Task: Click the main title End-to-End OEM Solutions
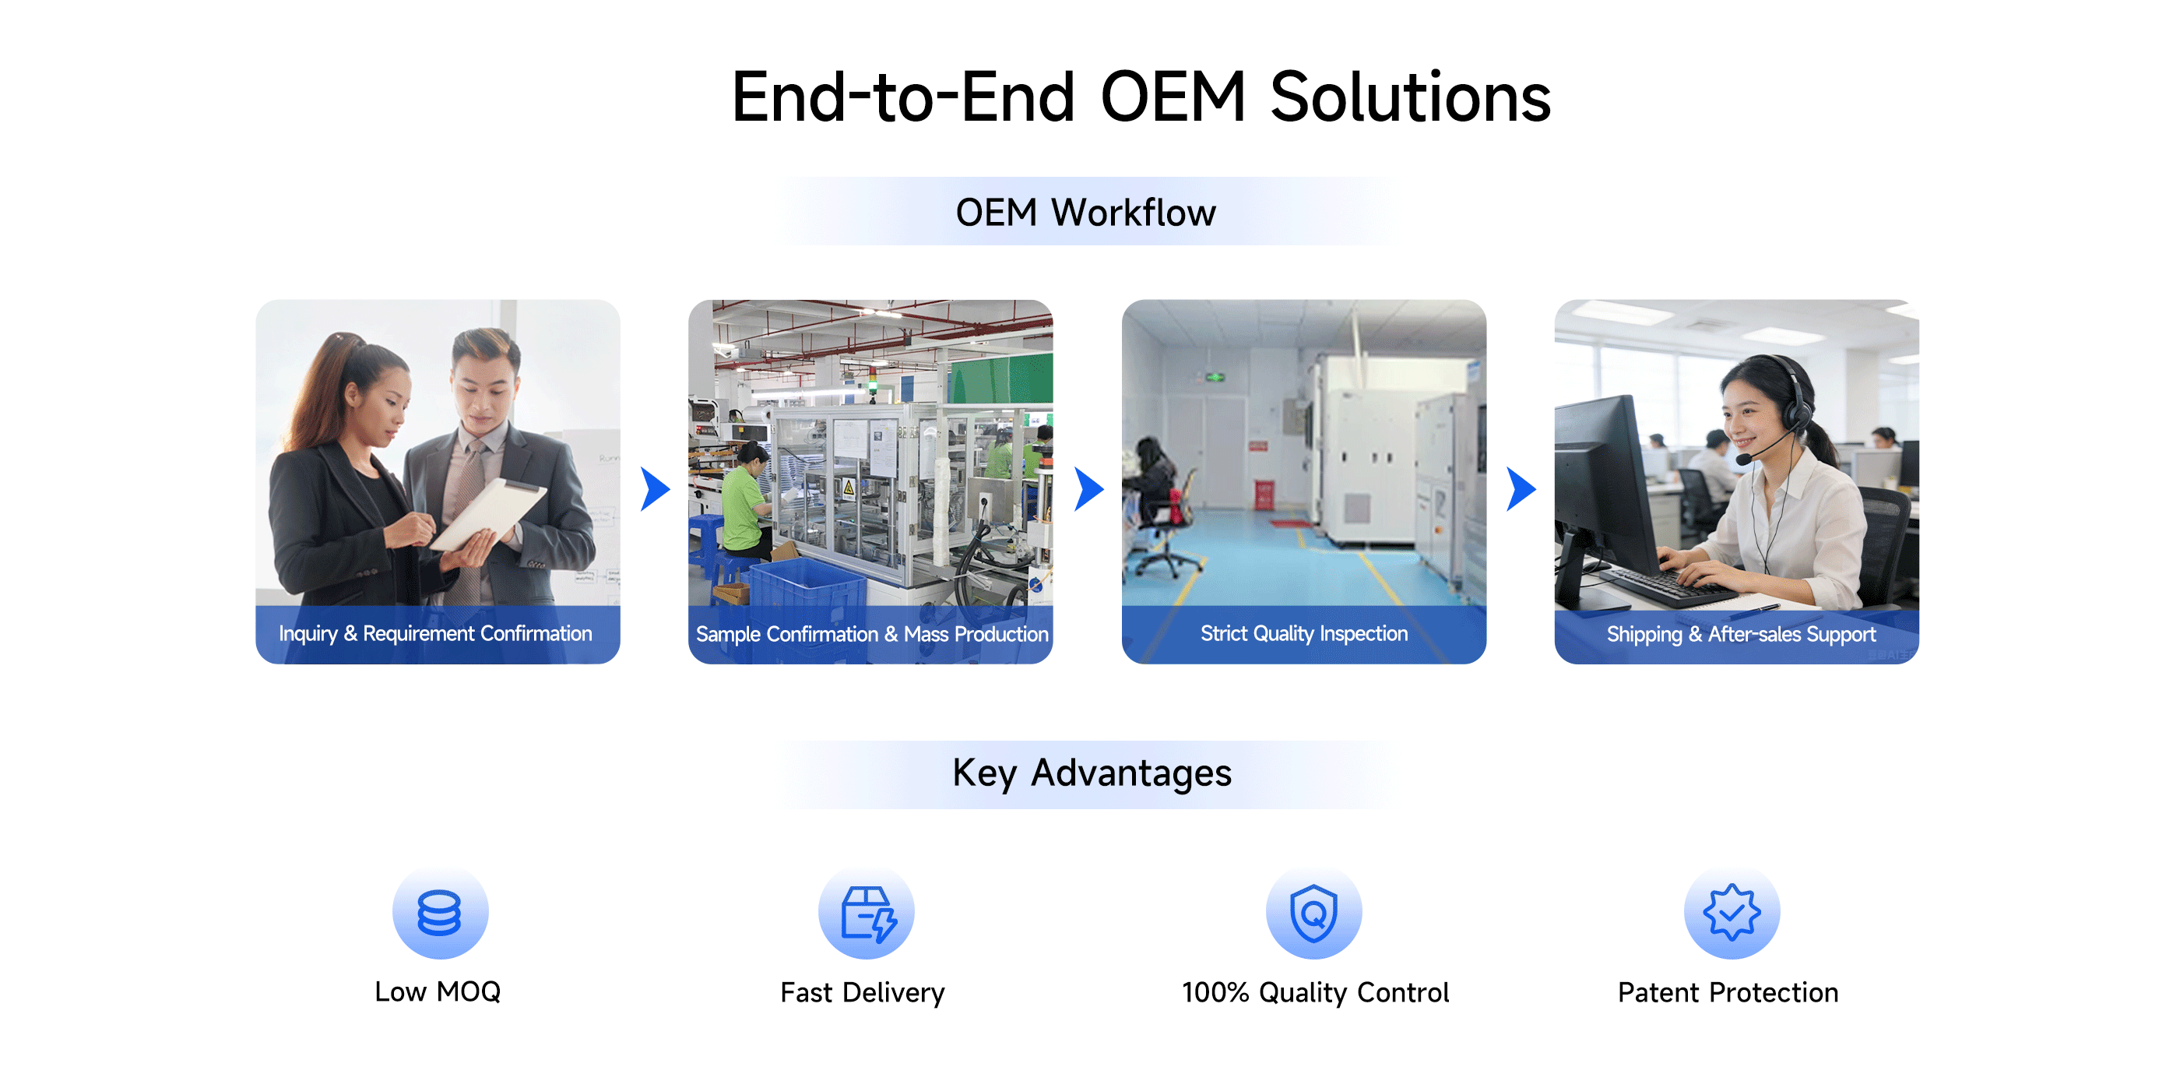(x=1141, y=97)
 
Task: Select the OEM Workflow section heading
(x=1086, y=212)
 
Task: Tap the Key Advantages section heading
(x=1092, y=773)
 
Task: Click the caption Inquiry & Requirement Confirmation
(x=435, y=633)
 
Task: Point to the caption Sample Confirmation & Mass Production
(x=872, y=634)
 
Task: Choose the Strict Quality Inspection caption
(x=1304, y=633)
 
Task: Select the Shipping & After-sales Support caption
(x=1741, y=634)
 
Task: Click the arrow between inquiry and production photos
(x=655, y=488)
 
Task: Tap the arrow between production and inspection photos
(x=1088, y=488)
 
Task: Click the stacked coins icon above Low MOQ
(x=439, y=912)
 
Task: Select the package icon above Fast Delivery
(x=867, y=914)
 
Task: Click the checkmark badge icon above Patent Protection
(x=1732, y=912)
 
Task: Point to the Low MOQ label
(x=438, y=991)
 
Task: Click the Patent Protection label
(x=1728, y=992)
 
